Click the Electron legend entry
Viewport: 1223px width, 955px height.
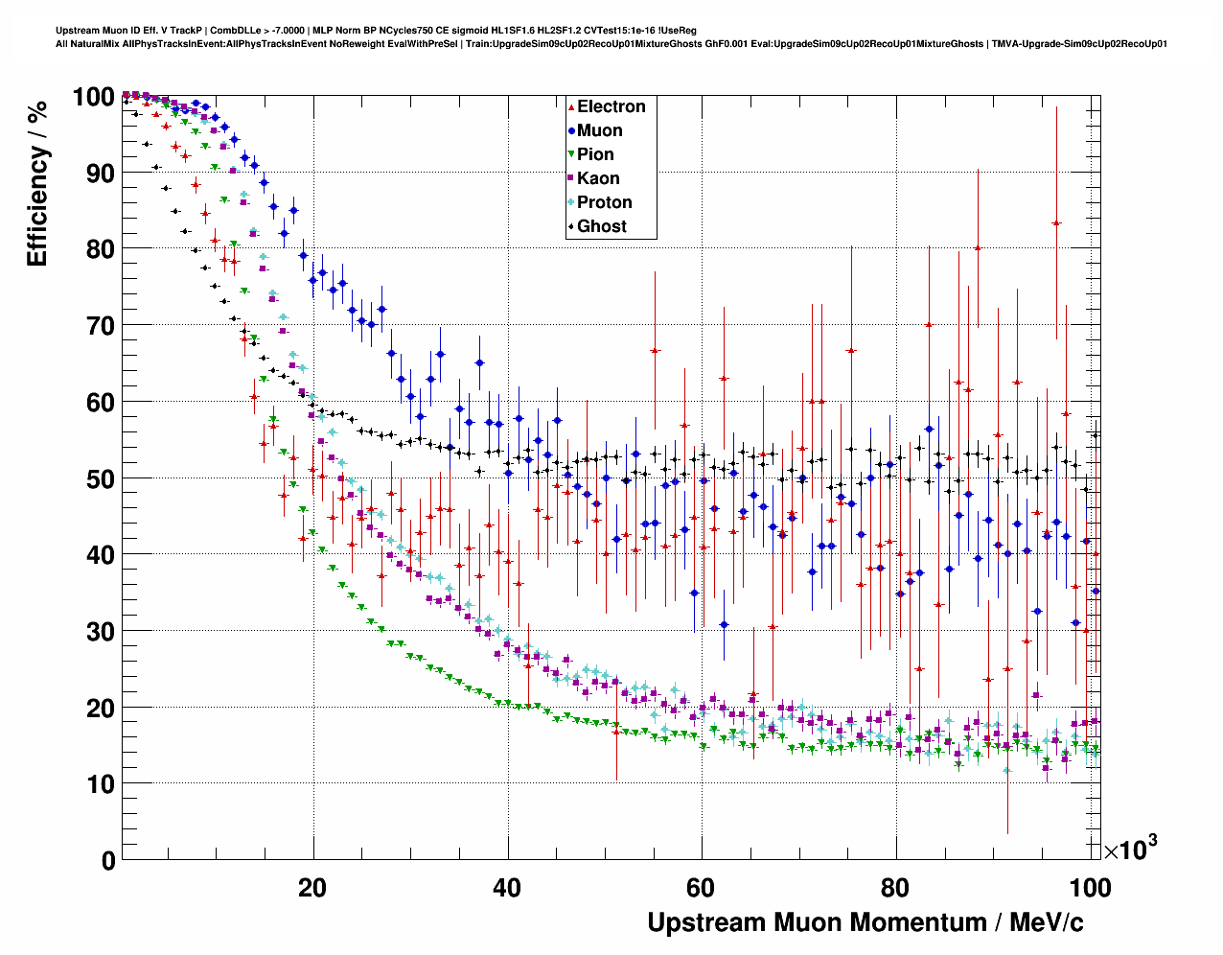[x=611, y=106]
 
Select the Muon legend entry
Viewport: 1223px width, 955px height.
[x=599, y=130]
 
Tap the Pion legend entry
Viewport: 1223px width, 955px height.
[x=595, y=154]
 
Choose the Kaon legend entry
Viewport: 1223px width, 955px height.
[x=598, y=178]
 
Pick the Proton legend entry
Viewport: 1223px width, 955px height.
[x=604, y=202]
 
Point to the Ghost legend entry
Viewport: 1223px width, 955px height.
[x=601, y=226]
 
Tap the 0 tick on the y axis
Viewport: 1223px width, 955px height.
[x=108, y=860]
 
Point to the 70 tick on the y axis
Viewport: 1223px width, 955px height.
[x=101, y=326]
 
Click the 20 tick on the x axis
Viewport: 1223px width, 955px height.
[x=312, y=887]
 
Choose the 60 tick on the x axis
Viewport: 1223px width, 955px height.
[x=701, y=887]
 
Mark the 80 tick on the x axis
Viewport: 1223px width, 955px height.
[x=895, y=887]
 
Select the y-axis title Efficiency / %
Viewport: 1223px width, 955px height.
[x=37, y=183]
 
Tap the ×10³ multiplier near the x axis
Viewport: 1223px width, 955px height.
[x=1130, y=849]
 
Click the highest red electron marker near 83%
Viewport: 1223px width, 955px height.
[x=1056, y=222]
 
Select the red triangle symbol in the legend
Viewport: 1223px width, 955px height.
[x=571, y=107]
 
